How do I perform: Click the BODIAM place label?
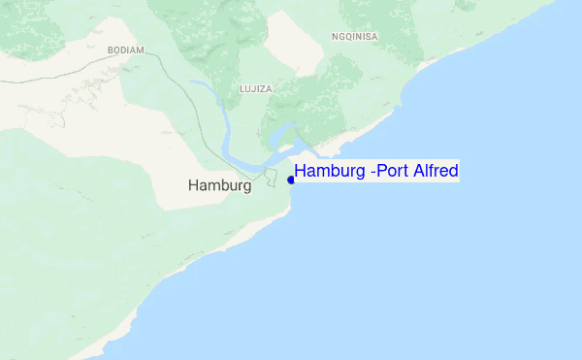(x=126, y=49)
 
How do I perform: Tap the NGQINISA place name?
(x=354, y=37)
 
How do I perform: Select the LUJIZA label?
(x=255, y=88)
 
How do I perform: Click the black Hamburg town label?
(x=219, y=184)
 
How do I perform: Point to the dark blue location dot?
(x=291, y=180)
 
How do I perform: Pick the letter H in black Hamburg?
(x=194, y=184)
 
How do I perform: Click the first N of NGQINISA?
(x=334, y=37)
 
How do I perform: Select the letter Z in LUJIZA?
(x=263, y=88)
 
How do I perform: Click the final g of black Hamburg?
(x=246, y=186)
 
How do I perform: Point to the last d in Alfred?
(x=453, y=172)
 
